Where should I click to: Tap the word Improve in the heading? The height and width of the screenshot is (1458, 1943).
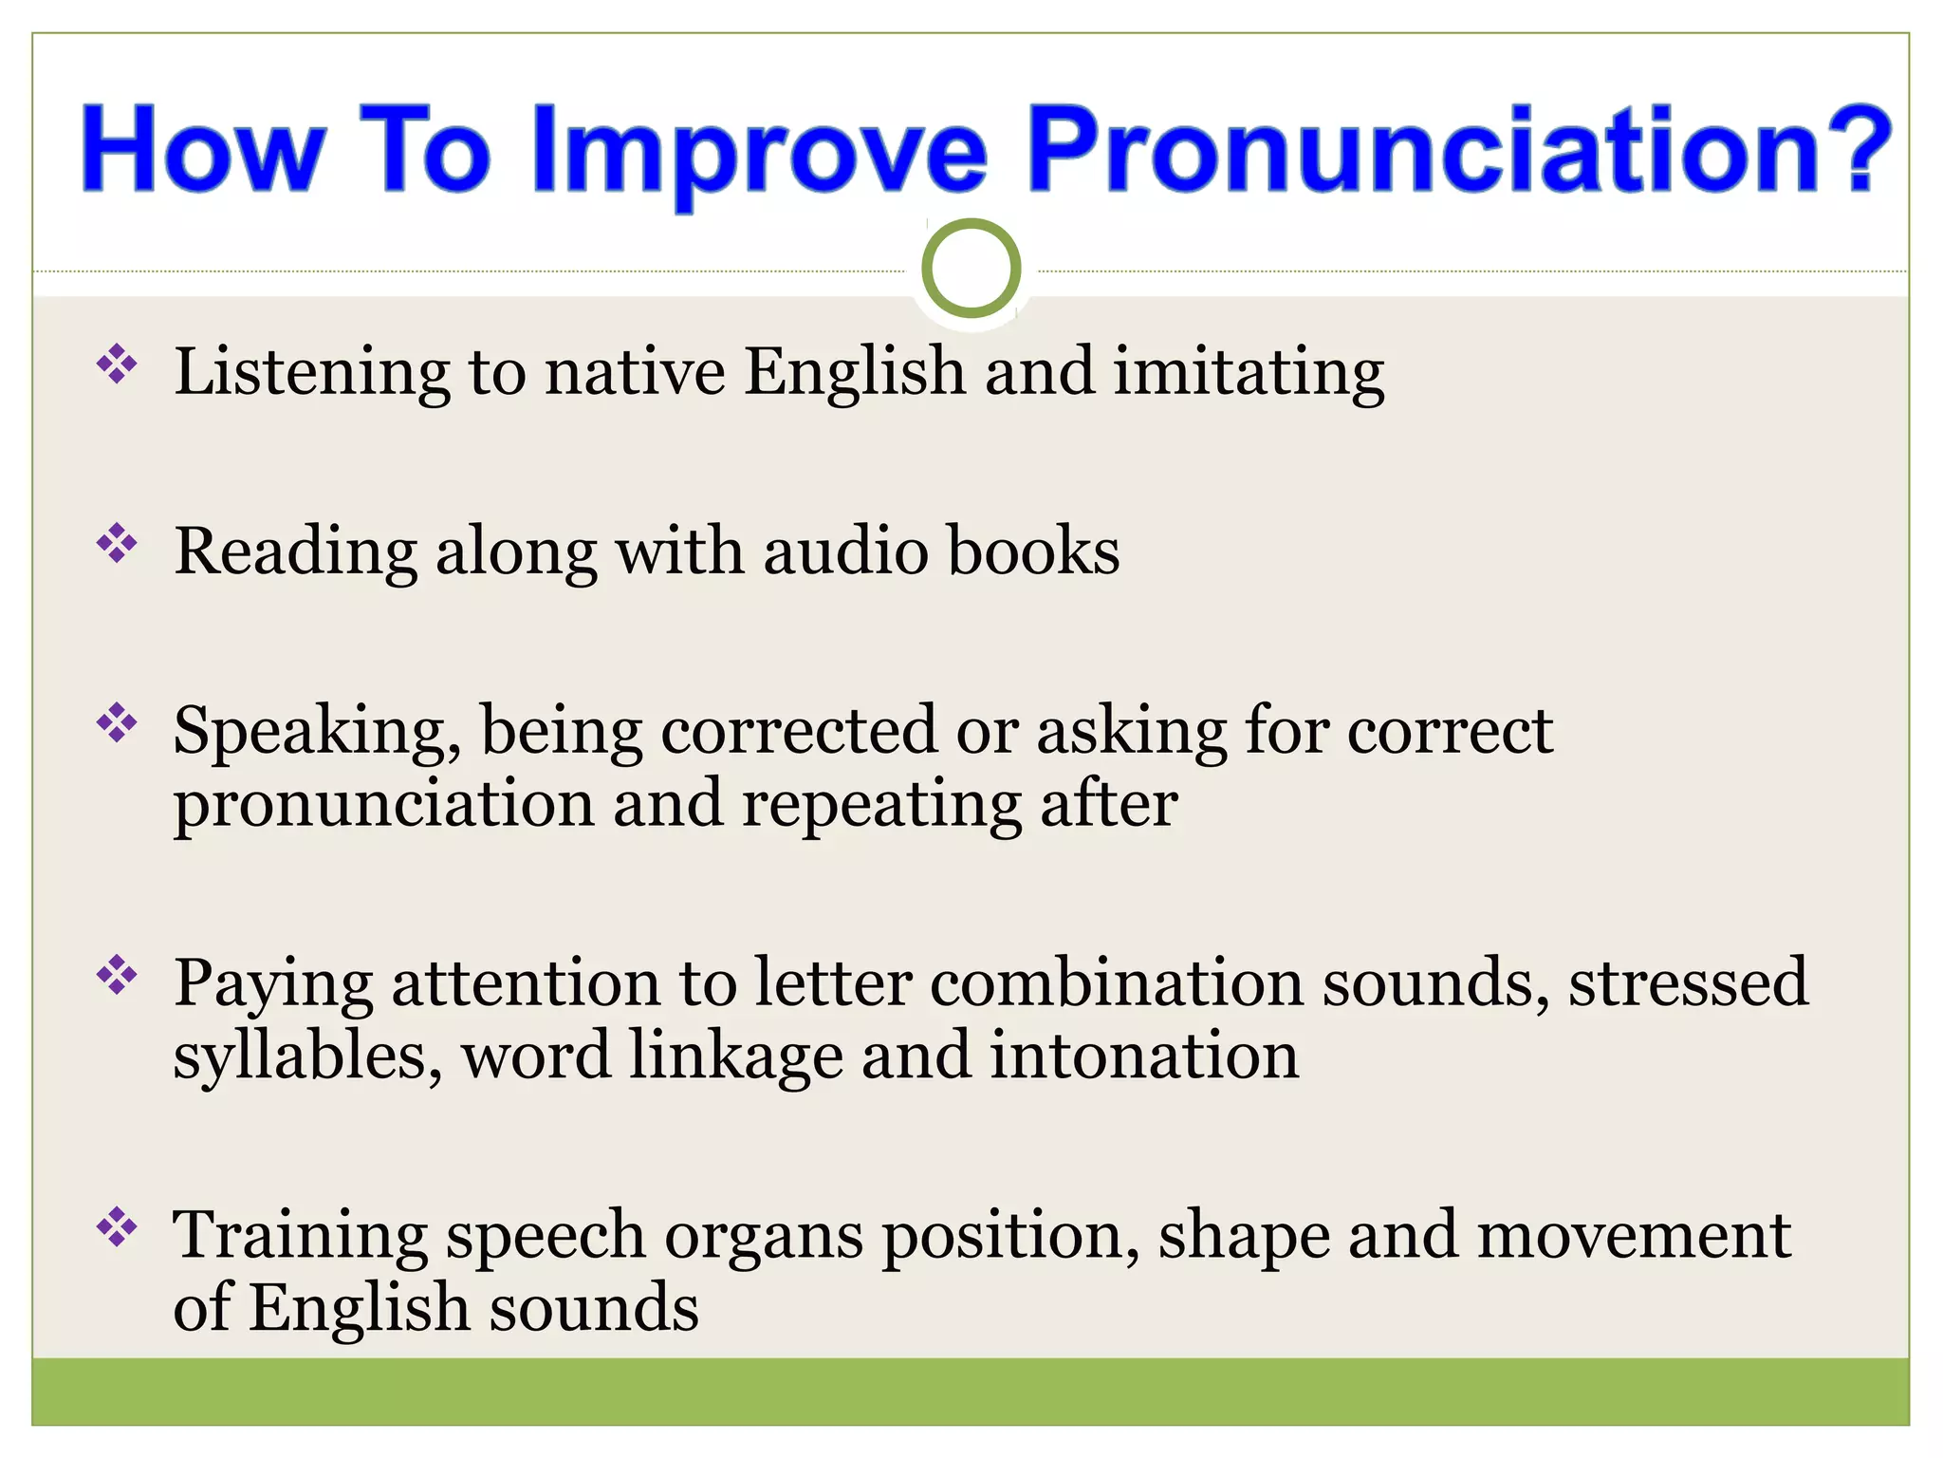[760, 152]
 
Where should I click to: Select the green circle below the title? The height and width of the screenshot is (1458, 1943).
[971, 269]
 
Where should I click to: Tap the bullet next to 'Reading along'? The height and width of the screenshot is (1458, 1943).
[117, 544]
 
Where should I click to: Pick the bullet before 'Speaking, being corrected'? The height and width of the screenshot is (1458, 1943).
[117, 723]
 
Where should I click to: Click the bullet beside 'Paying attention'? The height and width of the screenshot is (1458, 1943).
[117, 975]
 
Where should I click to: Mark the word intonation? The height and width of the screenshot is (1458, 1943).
[1144, 1056]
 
